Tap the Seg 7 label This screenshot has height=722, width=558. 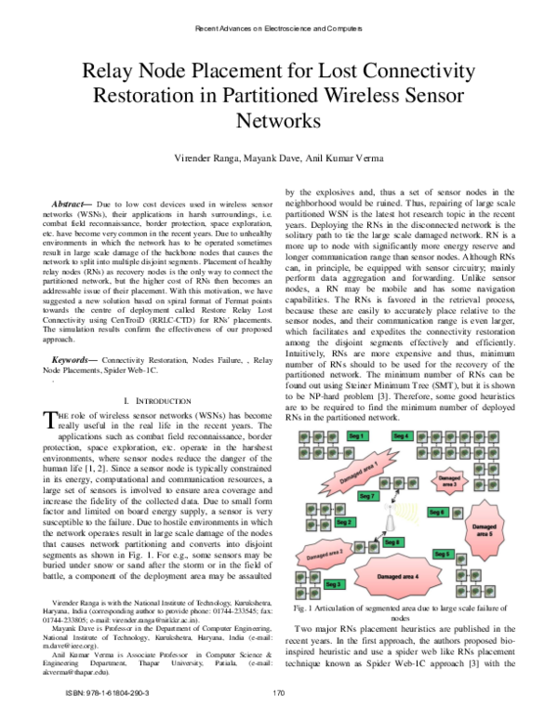340,496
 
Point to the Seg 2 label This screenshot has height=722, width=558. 343,522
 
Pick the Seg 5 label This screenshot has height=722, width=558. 442,554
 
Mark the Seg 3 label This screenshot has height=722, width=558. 335,583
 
